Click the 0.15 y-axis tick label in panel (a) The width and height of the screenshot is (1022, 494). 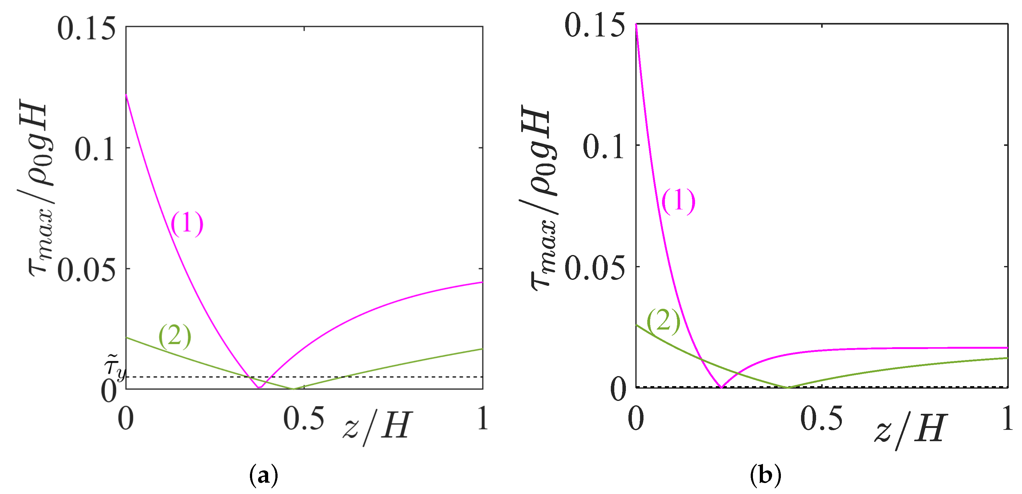86,29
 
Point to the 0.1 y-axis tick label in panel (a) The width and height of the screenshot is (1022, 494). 95,150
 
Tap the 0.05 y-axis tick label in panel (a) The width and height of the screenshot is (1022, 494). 86,271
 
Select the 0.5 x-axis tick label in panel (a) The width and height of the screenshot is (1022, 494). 303,419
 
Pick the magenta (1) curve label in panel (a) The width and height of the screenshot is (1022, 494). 187,224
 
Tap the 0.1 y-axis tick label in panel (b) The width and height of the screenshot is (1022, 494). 603,147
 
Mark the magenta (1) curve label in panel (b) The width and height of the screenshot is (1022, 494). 678,202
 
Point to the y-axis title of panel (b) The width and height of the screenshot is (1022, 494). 542,198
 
